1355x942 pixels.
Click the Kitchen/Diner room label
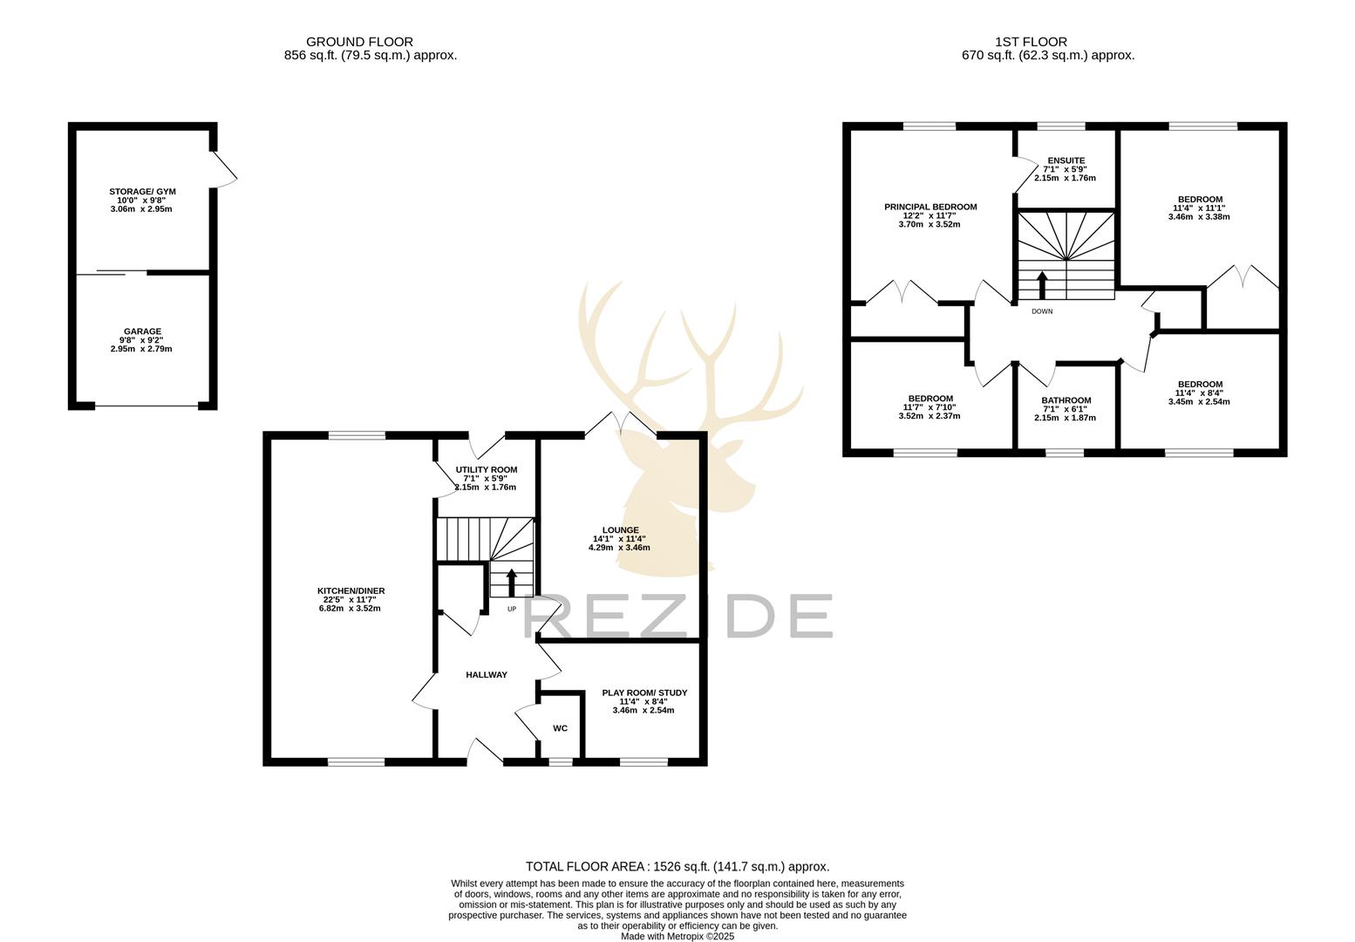351,591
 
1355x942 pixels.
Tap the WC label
560,728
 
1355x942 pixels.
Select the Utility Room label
486,470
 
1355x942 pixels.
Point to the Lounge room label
620,530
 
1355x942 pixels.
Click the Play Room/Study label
644,693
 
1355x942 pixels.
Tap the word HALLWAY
486,675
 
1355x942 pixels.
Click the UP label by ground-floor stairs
512,609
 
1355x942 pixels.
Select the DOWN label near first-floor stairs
1042,311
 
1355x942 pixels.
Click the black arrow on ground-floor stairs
512,582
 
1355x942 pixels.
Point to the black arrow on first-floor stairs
1042,284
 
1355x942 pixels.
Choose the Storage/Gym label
141,192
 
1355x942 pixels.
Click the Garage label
142,331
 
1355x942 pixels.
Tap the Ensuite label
1066,160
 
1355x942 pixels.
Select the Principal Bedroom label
930,208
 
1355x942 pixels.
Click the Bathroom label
1066,401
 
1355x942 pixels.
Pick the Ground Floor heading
359,42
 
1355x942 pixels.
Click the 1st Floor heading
1031,42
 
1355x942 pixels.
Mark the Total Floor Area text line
677,867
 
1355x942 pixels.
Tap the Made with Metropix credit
677,937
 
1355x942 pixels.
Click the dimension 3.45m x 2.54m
1199,402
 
